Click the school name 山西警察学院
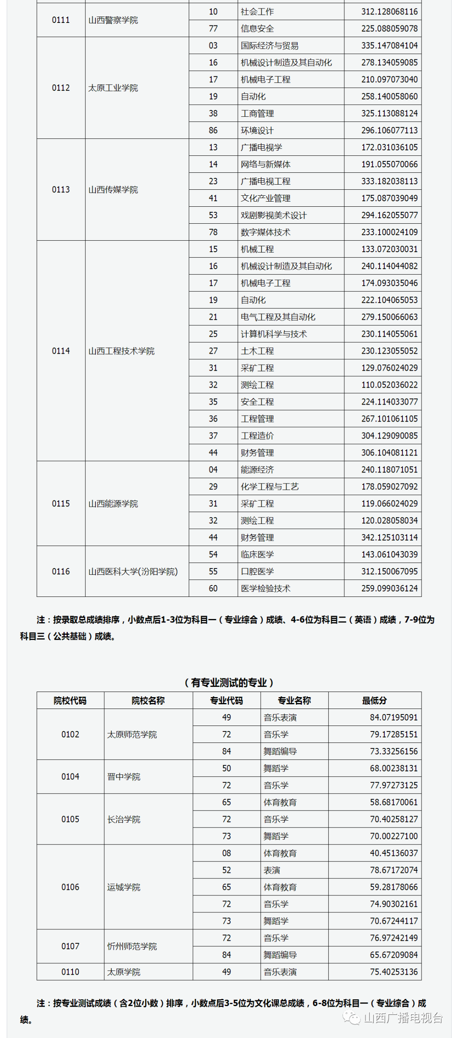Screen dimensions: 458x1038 tap(113, 20)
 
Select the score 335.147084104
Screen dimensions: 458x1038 tap(389, 45)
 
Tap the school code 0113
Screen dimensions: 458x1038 tap(61, 189)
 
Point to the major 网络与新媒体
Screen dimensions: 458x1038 tap(265, 164)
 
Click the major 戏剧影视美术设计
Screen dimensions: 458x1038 tap(274, 215)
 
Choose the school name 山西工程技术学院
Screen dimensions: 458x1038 tap(121, 351)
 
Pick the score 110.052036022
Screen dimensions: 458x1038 tap(389, 385)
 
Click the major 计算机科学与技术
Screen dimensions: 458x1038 tap(274, 334)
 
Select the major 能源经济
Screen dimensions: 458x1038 tap(257, 470)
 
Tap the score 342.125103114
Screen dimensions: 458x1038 tap(389, 537)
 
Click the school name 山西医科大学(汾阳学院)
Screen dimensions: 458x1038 tap(133, 571)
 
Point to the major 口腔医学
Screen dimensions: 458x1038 tap(257, 571)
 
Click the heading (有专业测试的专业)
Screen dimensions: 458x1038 tap(229, 682)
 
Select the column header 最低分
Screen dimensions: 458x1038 tap(374, 700)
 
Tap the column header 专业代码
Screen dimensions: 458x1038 tap(226, 700)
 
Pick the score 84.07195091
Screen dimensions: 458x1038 tap(394, 717)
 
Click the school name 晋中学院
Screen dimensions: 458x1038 tap(123, 776)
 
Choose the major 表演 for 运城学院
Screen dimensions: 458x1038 tap(271, 870)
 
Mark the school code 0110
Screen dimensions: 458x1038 tap(70, 972)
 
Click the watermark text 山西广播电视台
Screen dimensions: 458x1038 tap(403, 1018)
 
